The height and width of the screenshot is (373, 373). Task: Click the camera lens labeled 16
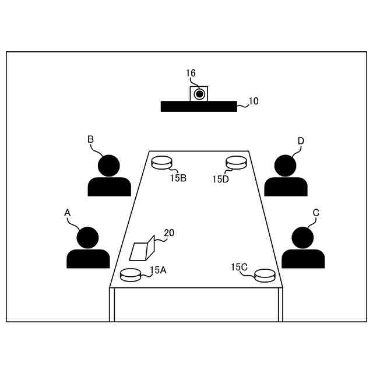pyautogui.click(x=199, y=93)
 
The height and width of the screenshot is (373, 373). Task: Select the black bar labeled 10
pyautogui.click(x=199, y=106)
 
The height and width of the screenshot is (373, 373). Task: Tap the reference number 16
pyautogui.click(x=191, y=73)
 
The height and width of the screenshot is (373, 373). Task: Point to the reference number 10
pyautogui.click(x=253, y=101)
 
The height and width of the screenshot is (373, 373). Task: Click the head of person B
pyautogui.click(x=108, y=166)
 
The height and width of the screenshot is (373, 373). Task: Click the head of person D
pyautogui.click(x=286, y=166)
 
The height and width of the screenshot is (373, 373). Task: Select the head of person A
pyautogui.click(x=88, y=238)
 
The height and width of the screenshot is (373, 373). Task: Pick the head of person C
pyautogui.click(x=302, y=238)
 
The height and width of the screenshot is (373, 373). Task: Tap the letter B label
pyautogui.click(x=90, y=139)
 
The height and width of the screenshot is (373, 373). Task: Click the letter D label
pyautogui.click(x=301, y=141)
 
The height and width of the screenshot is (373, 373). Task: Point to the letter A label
pyautogui.click(x=67, y=214)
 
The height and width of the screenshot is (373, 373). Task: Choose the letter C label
pyautogui.click(x=316, y=213)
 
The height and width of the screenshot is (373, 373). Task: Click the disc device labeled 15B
pyautogui.click(x=162, y=162)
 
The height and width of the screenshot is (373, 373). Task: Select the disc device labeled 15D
pyautogui.click(x=236, y=162)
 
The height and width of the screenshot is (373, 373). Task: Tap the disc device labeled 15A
pyautogui.click(x=130, y=274)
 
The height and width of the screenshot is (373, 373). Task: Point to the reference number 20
pyautogui.click(x=168, y=233)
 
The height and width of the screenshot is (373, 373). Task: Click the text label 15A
pyautogui.click(x=158, y=270)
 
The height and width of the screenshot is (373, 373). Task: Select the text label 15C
pyautogui.click(x=240, y=267)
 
